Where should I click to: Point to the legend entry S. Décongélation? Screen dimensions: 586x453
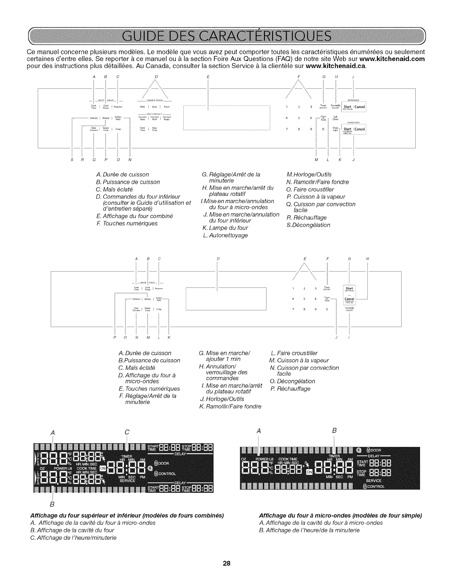pos(308,225)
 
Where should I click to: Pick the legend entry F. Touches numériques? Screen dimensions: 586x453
pos(127,223)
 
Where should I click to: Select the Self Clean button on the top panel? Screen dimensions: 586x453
pos(335,118)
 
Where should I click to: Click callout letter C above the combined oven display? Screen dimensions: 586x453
pos(127,432)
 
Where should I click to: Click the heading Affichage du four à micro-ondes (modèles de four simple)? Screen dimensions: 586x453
pos(340,515)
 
